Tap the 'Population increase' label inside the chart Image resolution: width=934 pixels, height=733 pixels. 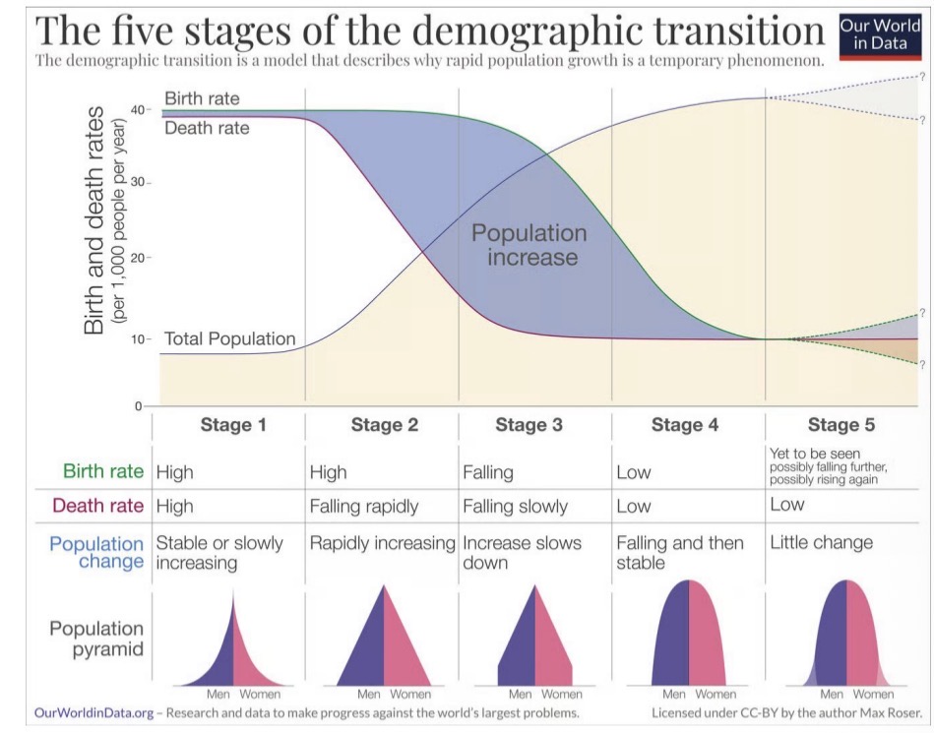coord(529,245)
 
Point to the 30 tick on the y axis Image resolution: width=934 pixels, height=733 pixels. coord(139,183)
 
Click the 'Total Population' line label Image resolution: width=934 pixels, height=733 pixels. coord(229,338)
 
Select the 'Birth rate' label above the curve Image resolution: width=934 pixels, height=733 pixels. coord(202,99)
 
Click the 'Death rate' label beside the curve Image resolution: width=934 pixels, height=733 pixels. coord(207,128)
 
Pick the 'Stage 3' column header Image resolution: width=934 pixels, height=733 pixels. coord(529,425)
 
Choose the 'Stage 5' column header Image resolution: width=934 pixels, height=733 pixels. coord(841,425)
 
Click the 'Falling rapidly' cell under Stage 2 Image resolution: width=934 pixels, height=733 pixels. coord(363,507)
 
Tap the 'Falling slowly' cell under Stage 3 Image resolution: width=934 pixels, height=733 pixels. coord(515,507)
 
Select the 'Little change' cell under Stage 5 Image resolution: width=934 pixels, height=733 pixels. coord(821,542)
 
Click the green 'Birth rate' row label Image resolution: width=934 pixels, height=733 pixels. coord(102,471)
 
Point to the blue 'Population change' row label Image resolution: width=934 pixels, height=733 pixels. coord(96,552)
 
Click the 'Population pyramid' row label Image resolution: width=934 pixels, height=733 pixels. coord(96,639)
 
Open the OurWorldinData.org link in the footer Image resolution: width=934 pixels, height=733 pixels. coord(93,712)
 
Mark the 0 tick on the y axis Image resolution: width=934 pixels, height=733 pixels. coord(139,405)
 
